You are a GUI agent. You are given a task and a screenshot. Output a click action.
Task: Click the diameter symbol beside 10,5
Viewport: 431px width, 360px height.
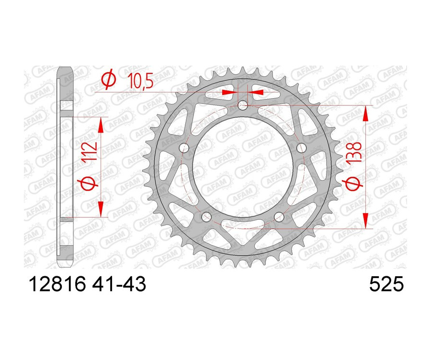(109, 81)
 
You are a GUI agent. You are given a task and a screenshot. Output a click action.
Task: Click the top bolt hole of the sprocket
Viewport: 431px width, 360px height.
(243, 105)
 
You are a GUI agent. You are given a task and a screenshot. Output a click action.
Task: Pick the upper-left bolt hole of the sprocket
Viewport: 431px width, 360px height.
(183, 148)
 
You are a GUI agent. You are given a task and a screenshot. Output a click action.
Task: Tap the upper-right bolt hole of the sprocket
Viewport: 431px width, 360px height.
(301, 148)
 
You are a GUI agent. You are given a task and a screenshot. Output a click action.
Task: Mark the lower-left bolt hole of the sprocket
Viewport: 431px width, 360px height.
(206, 217)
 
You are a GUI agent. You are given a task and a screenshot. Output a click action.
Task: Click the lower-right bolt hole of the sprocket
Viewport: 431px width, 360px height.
(280, 217)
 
